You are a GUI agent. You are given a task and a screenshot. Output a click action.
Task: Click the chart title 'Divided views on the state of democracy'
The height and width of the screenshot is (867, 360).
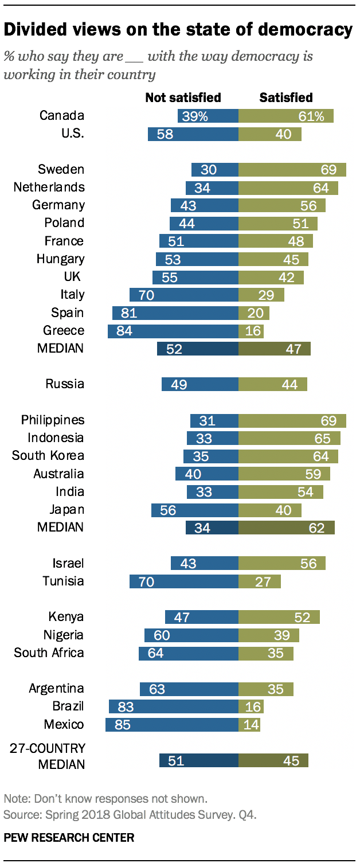[x=178, y=30]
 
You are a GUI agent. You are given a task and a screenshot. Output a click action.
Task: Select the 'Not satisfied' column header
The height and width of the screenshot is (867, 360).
[x=183, y=97]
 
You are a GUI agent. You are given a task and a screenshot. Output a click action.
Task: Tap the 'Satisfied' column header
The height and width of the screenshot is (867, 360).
[x=286, y=97]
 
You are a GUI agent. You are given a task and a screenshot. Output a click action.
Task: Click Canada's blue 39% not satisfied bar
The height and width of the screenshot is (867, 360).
[x=208, y=116]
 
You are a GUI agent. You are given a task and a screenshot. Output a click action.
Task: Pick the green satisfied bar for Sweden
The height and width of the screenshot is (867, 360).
[x=292, y=170]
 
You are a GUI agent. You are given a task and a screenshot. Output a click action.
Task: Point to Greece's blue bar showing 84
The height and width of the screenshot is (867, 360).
[x=173, y=331]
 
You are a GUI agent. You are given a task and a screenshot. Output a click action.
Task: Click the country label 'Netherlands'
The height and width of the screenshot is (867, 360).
[x=49, y=187]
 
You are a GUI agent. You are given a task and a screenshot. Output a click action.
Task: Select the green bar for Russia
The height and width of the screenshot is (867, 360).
[x=272, y=384]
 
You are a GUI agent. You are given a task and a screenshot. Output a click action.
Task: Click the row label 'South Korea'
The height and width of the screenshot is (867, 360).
[x=48, y=456]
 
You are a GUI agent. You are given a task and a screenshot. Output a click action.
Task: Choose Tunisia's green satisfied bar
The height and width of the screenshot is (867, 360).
[x=259, y=581]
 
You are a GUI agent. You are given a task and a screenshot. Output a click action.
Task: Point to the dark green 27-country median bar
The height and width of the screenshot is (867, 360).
[x=273, y=760]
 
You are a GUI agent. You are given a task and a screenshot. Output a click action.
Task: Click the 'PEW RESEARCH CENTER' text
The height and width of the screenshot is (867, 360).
[x=69, y=838]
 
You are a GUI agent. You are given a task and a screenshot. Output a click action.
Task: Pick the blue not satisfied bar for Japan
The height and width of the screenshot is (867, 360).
[x=194, y=510]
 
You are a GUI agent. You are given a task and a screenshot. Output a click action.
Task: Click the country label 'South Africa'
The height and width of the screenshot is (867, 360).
[x=49, y=653]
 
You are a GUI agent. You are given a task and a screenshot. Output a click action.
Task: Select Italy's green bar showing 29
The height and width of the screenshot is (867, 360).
[x=261, y=295]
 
